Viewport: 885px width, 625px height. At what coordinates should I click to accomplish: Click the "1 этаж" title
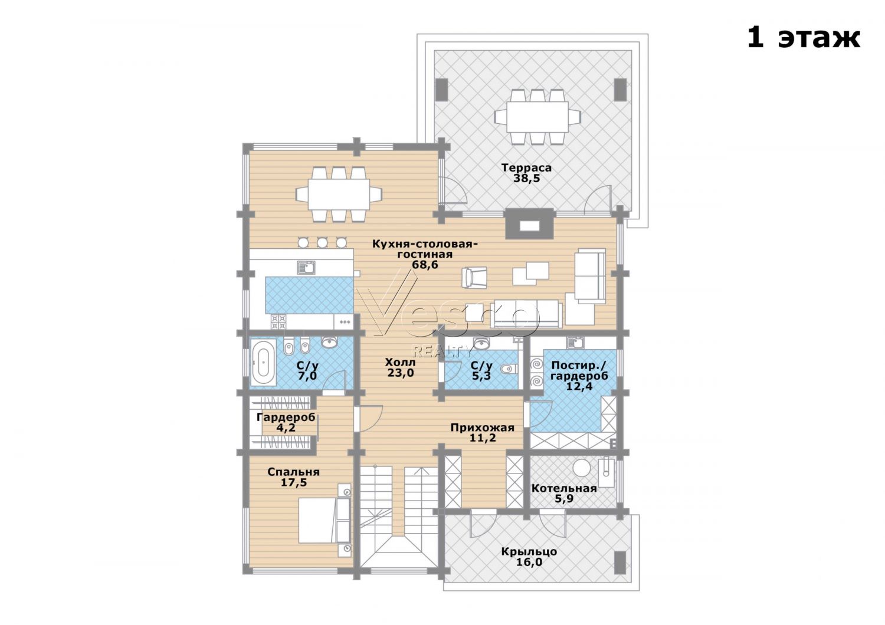(803, 39)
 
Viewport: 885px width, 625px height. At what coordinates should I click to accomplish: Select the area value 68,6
(425, 265)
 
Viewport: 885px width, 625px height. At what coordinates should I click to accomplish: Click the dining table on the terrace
(537, 117)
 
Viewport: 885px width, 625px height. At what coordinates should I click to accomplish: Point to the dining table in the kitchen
(339, 194)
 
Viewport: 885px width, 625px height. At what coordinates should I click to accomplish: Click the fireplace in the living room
(529, 223)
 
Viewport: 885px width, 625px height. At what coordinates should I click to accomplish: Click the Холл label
(400, 362)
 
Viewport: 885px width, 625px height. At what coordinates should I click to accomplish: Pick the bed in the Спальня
(324, 520)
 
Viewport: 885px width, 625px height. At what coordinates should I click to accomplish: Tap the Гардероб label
(286, 417)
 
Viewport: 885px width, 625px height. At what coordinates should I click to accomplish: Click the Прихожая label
(483, 427)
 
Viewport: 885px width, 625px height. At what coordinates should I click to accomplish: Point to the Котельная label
(564, 488)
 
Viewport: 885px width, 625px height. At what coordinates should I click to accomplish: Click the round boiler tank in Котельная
(582, 468)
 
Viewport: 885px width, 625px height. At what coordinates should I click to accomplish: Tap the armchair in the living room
(474, 277)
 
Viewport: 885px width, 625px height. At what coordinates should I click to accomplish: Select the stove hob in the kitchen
(278, 322)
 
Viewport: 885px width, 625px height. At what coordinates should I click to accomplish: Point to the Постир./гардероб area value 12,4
(579, 386)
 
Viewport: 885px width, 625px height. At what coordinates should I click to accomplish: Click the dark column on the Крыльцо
(620, 562)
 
